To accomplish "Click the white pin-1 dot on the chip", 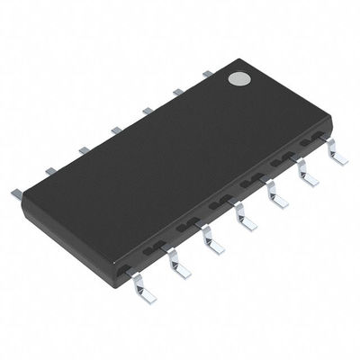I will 238,79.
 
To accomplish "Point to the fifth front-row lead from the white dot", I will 211,240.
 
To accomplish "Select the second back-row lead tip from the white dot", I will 177,91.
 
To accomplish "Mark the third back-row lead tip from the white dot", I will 147,111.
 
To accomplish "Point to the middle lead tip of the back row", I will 116,130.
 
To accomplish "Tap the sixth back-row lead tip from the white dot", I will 50,169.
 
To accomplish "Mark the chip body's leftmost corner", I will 22,200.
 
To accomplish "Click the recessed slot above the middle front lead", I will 220,204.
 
